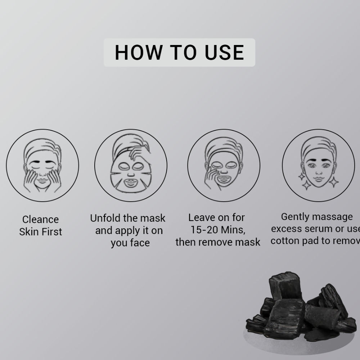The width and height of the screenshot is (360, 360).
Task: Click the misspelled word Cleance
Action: [x=40, y=220]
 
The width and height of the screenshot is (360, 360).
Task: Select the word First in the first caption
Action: [x=52, y=232]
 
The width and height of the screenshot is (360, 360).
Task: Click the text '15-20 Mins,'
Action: [x=217, y=230]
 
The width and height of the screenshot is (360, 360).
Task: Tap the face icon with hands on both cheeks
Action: [x=42, y=165]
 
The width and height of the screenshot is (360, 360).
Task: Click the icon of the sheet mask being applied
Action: [x=131, y=165]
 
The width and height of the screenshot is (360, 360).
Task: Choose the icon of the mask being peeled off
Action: [x=224, y=165]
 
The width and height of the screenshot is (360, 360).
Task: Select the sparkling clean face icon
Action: [x=318, y=165]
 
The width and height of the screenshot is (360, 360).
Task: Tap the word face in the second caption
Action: [x=140, y=243]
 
